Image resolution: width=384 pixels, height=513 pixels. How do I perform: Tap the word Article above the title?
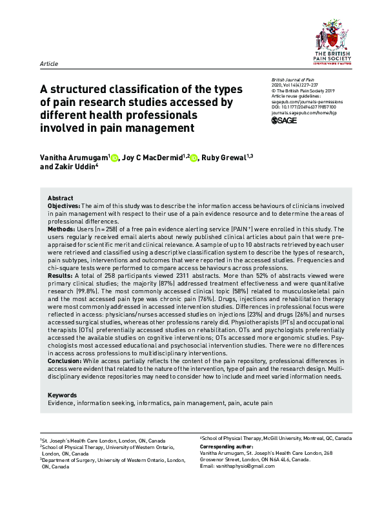[x=49, y=64]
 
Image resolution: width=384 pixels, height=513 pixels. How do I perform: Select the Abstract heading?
[x=61, y=197]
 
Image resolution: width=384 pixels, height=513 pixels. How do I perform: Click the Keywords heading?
[x=63, y=395]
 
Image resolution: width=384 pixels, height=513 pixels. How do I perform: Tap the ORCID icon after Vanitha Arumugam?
[x=115, y=158]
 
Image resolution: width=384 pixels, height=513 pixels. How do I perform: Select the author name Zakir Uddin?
[x=78, y=167]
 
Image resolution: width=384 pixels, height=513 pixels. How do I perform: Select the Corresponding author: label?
[x=227, y=446]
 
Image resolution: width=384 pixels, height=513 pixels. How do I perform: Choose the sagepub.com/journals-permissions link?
[x=307, y=101]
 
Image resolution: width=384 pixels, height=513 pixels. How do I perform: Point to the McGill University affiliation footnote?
[x=276, y=437]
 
